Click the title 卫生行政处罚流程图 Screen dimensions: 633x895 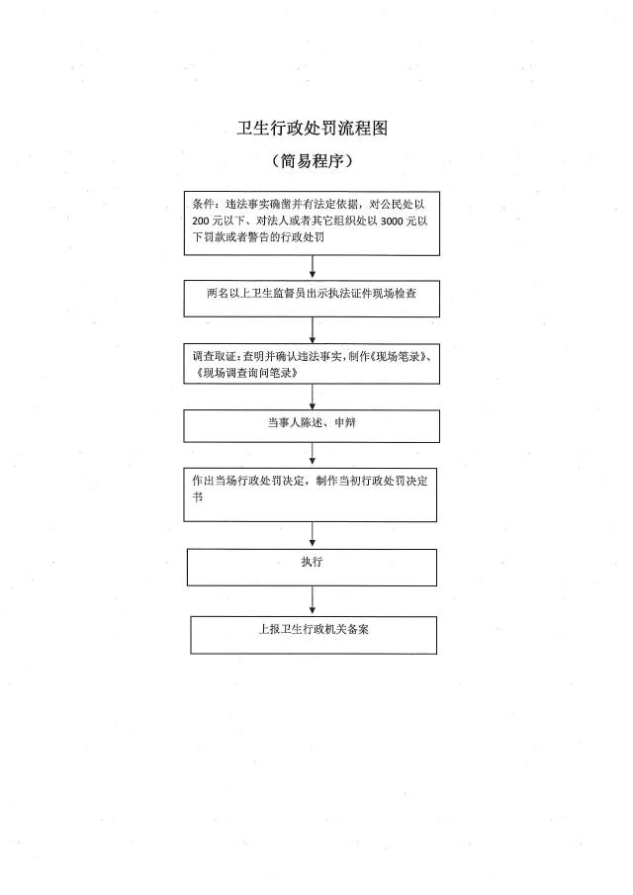pyautogui.click(x=313, y=129)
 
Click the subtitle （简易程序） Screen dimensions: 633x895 pyautogui.click(x=313, y=161)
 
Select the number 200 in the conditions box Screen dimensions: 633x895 pyautogui.click(x=201, y=221)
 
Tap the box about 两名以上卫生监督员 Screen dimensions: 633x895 pyautogui.click(x=312, y=299)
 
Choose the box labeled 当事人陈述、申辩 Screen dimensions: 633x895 pyautogui.click(x=312, y=426)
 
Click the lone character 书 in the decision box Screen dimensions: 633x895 pyautogui.click(x=198, y=497)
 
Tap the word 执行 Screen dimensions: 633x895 pyautogui.click(x=312, y=562)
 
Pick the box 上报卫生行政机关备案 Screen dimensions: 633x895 pyautogui.click(x=314, y=635)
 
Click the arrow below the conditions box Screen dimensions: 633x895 pyautogui.click(x=313, y=267)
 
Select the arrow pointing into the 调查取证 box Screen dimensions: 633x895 pyautogui.click(x=313, y=330)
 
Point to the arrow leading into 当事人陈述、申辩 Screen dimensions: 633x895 pyautogui.click(x=313, y=397)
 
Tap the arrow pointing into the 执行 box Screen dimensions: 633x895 pyautogui.click(x=313, y=535)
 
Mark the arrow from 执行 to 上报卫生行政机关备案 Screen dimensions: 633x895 pyautogui.click(x=313, y=601)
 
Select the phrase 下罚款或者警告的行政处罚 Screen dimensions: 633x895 pyautogui.click(x=258, y=237)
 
